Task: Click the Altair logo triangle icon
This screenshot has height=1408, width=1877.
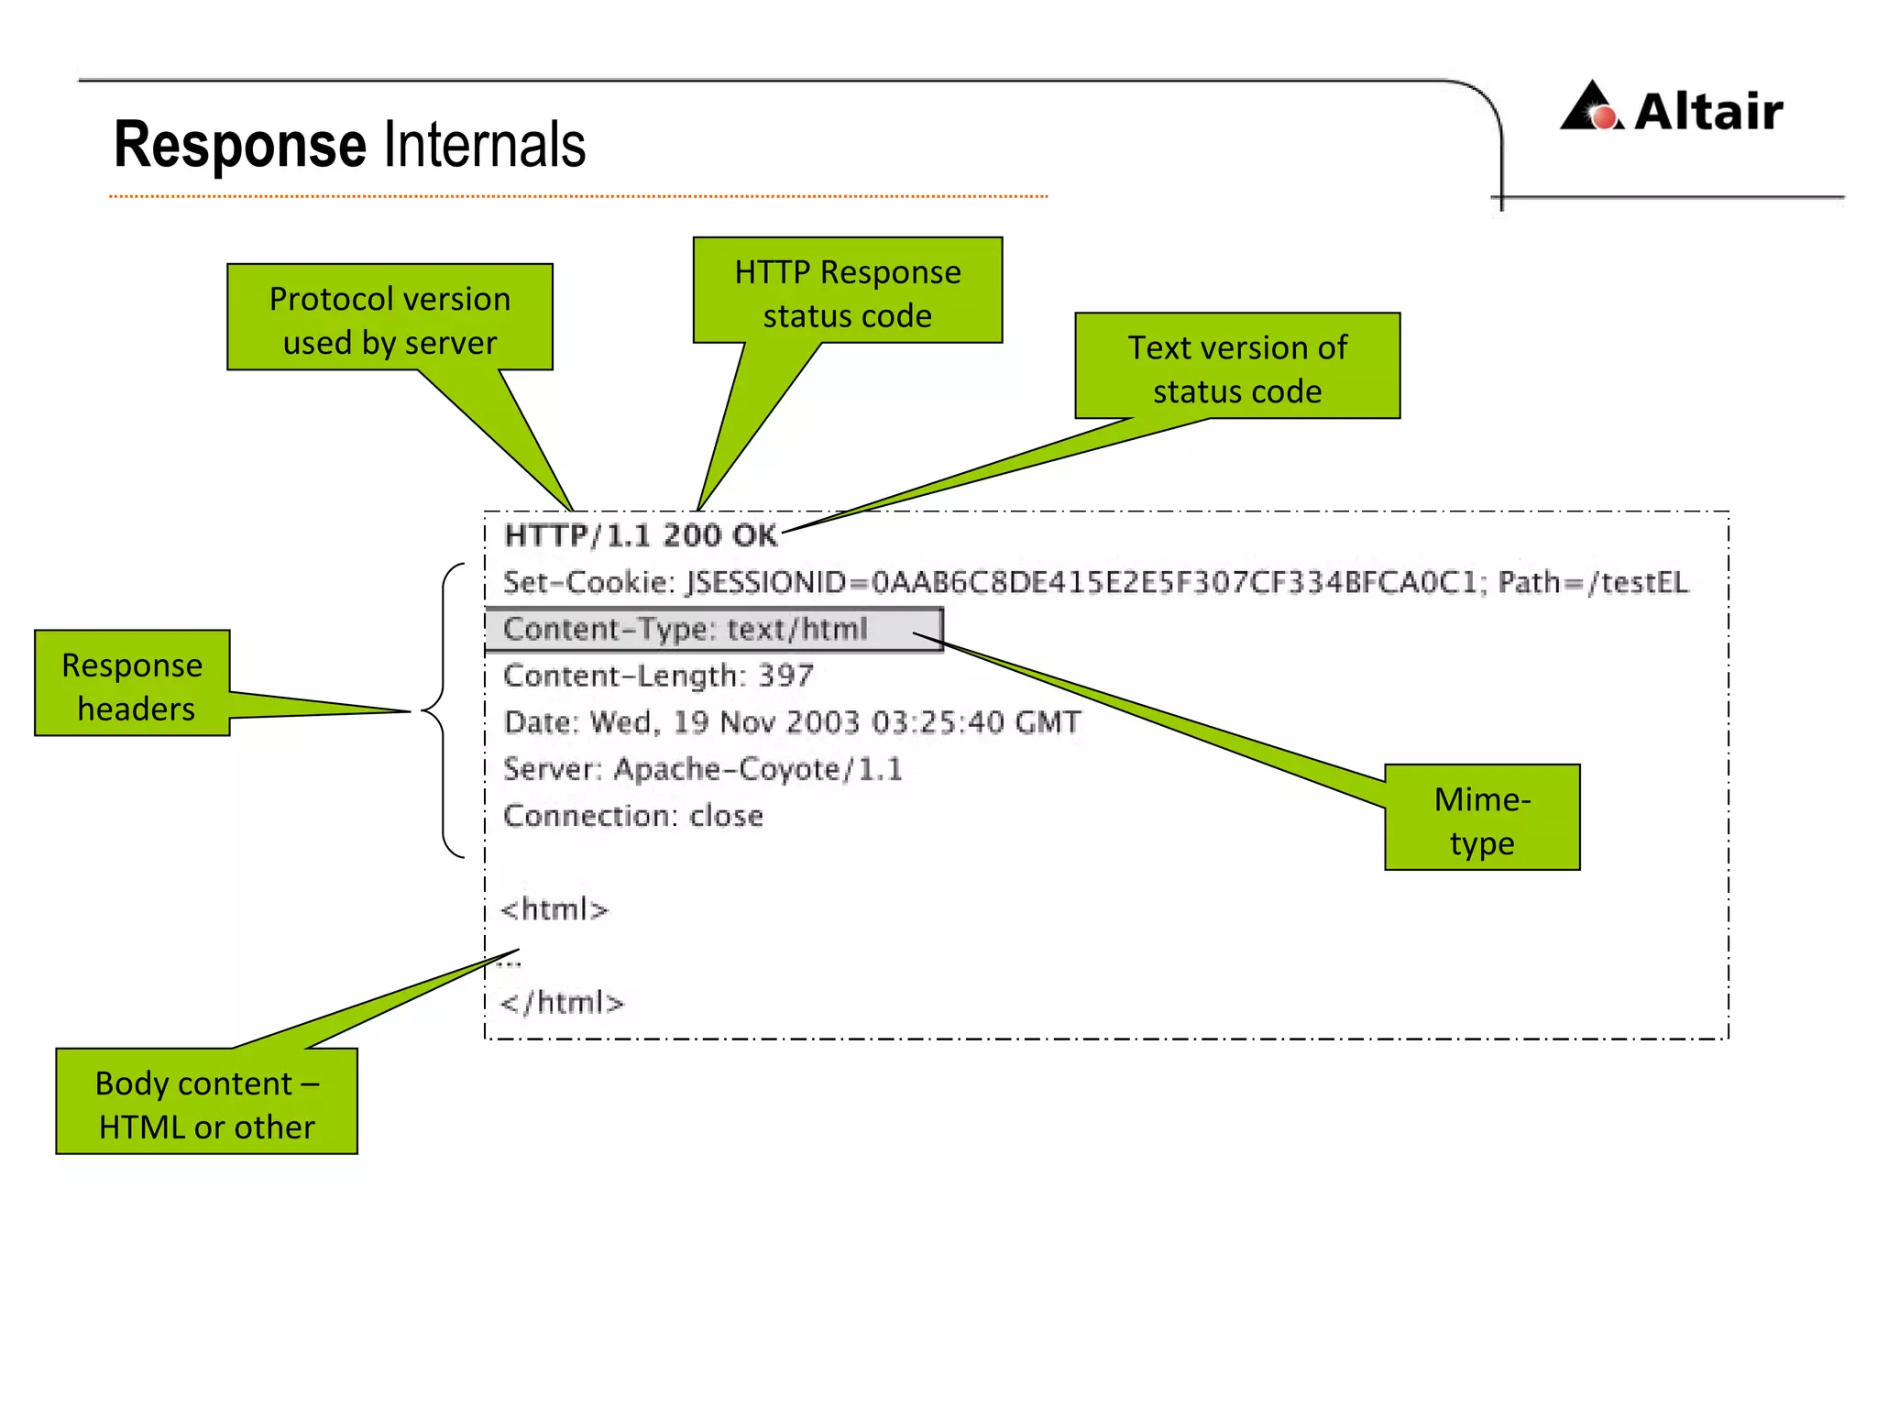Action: pos(1592,107)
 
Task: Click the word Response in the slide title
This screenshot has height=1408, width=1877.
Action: pos(240,145)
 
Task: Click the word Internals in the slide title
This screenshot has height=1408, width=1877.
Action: pos(484,145)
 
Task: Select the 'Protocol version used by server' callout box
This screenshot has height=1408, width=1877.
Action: pos(390,318)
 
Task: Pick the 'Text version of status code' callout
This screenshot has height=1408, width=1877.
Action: pos(1236,367)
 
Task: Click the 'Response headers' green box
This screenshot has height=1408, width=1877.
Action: pos(132,684)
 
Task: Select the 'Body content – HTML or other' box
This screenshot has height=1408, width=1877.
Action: pos(206,1102)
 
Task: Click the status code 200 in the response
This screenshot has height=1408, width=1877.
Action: pos(691,535)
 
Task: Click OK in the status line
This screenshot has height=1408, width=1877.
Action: pos(754,535)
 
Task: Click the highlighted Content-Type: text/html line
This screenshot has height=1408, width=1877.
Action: pos(685,630)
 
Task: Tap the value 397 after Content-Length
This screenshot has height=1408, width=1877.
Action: pos(785,676)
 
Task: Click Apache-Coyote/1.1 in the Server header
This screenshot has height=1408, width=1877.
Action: pos(757,769)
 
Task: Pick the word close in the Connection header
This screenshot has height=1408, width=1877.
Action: pos(726,816)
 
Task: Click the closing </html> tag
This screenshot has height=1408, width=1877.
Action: pos(562,1003)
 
